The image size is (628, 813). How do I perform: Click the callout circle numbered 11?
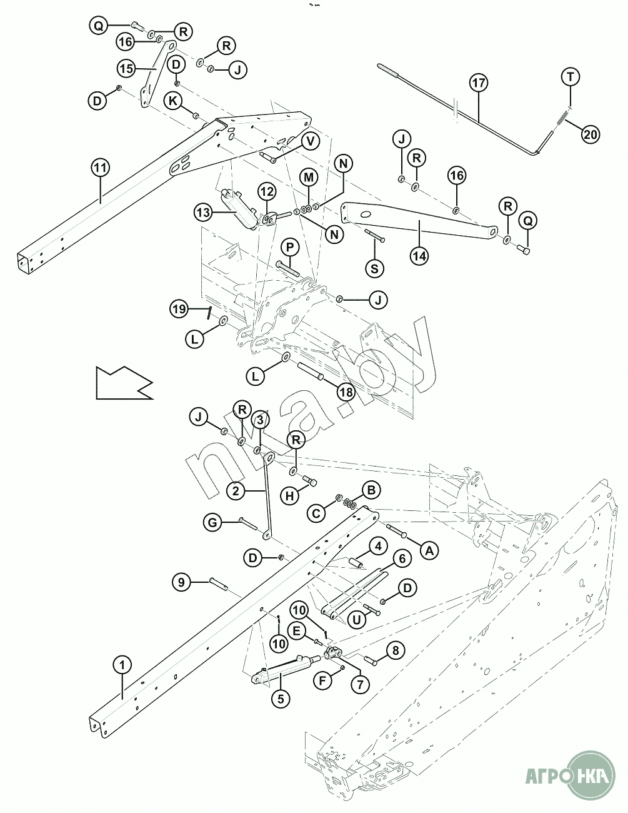(100, 168)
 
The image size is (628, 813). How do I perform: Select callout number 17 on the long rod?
(479, 83)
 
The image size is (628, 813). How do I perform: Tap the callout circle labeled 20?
(591, 133)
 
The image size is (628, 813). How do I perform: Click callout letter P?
(289, 247)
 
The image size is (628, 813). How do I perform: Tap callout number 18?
(345, 392)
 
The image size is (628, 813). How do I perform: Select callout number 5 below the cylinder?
(280, 699)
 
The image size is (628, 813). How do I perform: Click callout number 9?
(181, 582)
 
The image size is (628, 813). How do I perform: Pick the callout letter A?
(429, 550)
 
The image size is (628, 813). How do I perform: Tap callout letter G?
(212, 522)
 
